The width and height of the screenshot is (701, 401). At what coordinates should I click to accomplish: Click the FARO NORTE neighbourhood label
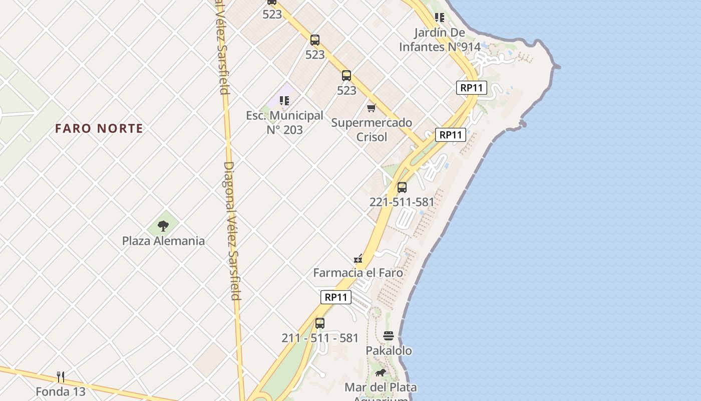[x=99, y=128]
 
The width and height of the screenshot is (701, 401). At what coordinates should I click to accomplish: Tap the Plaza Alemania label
[x=163, y=241]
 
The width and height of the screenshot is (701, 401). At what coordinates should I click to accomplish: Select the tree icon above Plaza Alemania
[x=163, y=226]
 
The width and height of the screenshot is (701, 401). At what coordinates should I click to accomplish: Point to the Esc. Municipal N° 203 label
[x=284, y=122]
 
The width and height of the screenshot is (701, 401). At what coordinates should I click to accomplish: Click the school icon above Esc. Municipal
[x=284, y=101]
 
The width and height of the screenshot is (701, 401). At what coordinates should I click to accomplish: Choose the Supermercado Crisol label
[x=372, y=129]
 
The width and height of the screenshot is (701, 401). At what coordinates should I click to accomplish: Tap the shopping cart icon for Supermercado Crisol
[x=372, y=108]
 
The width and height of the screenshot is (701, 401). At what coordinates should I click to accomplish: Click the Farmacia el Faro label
[x=358, y=273]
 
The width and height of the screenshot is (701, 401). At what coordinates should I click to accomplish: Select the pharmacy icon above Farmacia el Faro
[x=358, y=259]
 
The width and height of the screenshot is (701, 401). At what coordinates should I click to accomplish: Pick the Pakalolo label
[x=389, y=350]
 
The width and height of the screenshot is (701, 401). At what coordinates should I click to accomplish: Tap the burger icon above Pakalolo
[x=389, y=336]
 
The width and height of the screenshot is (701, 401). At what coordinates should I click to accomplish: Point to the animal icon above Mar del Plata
[x=381, y=372]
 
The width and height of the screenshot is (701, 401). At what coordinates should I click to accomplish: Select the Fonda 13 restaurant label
[x=61, y=391]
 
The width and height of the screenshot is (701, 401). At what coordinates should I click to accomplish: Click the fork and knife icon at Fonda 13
[x=61, y=376]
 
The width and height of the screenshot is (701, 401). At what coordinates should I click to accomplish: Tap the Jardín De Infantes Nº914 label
[x=440, y=40]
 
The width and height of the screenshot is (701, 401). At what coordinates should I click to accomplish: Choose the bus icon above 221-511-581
[x=402, y=187]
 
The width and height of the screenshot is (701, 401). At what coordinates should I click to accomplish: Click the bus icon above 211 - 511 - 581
[x=320, y=323]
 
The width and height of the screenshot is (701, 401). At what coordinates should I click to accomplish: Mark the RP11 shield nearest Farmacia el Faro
[x=335, y=297]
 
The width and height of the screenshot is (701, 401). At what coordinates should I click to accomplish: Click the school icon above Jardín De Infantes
[x=440, y=18]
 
